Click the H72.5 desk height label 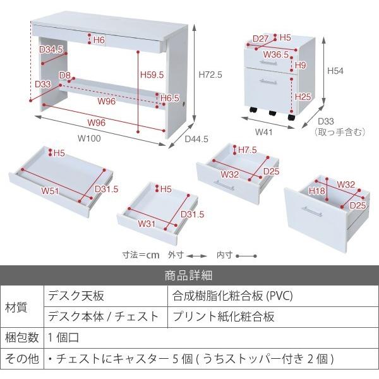(x=210, y=75)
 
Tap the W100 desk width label (x=89, y=138)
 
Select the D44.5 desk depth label (x=196, y=139)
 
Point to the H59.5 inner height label (x=152, y=75)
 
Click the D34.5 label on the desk (x=51, y=49)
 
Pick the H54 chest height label (x=335, y=71)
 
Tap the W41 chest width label (x=263, y=132)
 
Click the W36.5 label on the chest (x=276, y=54)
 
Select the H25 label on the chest (x=303, y=97)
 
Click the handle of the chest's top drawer (x=268, y=63)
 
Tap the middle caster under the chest (x=272, y=113)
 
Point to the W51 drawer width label (x=50, y=191)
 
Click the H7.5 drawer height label (x=248, y=150)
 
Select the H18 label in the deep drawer (x=317, y=191)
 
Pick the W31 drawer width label (x=147, y=224)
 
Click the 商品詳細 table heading (x=188, y=275)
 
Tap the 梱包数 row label (x=21, y=337)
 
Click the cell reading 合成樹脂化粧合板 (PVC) (x=232, y=296)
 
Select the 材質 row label (x=16, y=308)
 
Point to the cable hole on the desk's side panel (x=185, y=104)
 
